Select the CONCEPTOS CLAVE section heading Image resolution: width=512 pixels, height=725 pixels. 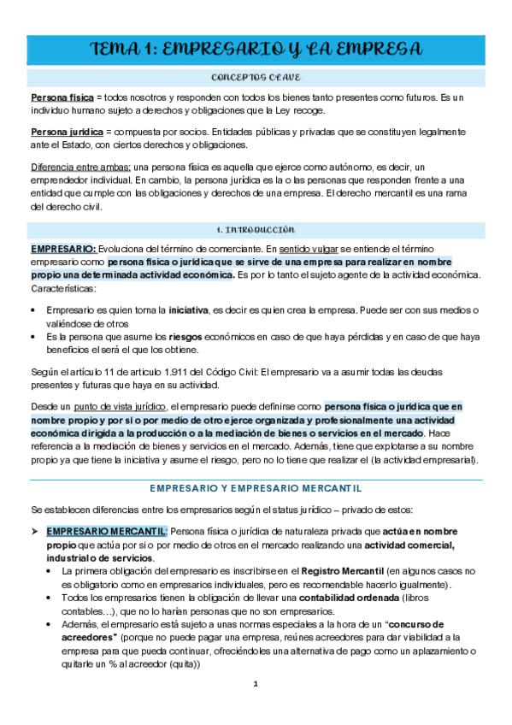point(256,78)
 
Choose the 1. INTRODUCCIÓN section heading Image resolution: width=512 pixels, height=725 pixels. point(256,229)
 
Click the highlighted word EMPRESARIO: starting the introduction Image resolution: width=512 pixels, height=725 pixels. point(63,248)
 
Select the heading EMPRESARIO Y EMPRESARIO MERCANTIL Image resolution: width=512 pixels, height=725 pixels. point(256,487)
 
